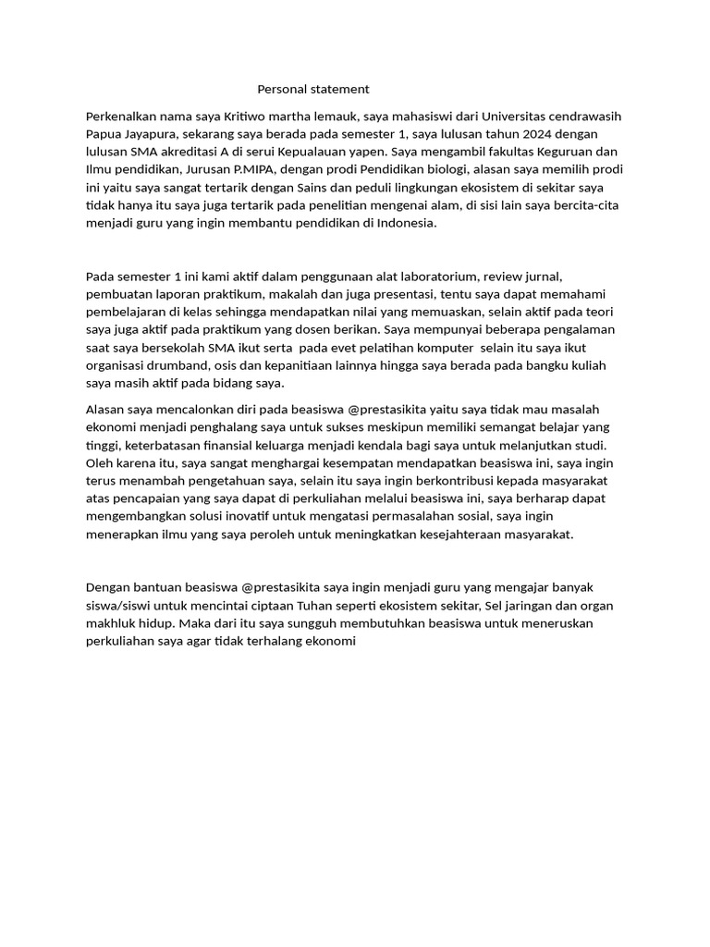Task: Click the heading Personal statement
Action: [x=313, y=90]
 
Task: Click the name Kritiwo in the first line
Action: [x=246, y=117]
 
